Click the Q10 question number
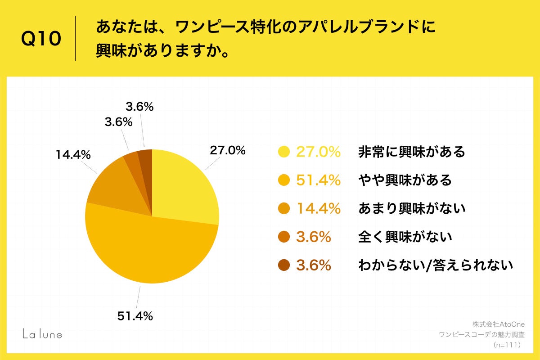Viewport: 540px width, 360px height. [41, 40]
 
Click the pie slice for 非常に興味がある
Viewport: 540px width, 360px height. [184, 189]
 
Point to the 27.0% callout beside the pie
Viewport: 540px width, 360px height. [227, 151]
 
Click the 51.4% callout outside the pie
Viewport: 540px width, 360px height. [135, 316]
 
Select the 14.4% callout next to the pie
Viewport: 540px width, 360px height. [73, 155]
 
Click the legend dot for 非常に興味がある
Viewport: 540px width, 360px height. [284, 152]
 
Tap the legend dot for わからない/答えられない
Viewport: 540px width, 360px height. [284, 265]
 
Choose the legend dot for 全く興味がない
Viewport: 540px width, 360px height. [284, 237]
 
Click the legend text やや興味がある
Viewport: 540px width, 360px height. [405, 180]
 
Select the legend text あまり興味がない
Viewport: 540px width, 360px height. [411, 209]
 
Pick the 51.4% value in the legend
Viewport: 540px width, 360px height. [318, 180]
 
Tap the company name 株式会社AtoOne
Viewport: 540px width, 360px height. [502, 324]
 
